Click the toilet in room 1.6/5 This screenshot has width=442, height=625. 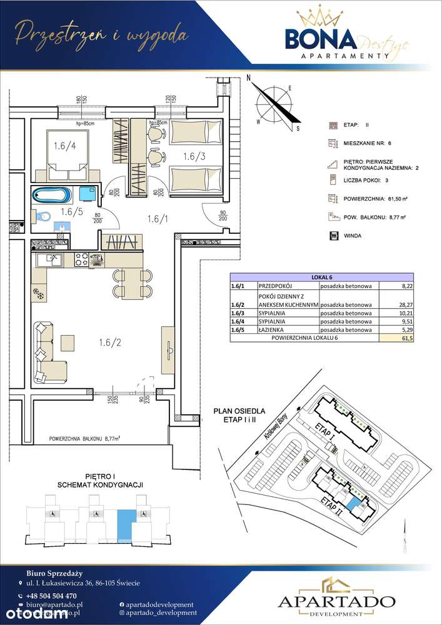click(44, 216)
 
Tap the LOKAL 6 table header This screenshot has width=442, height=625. click(321, 278)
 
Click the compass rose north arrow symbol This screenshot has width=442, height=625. click(275, 103)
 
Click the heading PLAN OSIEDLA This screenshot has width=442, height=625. click(240, 411)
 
